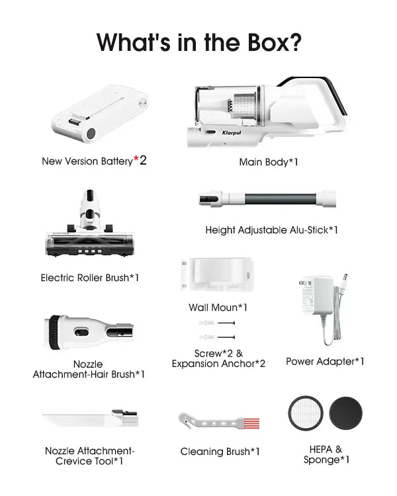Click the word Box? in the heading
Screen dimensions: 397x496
coord(274,42)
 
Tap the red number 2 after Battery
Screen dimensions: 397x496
coord(143,161)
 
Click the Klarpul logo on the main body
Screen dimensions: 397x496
coord(232,133)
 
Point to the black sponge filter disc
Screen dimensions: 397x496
coord(345,413)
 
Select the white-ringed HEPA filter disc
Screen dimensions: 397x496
coord(306,413)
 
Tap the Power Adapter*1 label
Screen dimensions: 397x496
coord(325,361)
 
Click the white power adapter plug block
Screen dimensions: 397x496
coord(316,296)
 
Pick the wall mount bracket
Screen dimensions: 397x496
coord(218,274)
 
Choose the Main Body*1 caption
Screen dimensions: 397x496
coord(269,162)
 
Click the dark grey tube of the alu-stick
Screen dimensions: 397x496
coord(280,198)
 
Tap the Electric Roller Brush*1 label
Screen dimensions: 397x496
coord(90,278)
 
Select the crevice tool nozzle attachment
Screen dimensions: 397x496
coord(90,418)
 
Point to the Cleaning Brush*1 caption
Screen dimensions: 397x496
coord(220,452)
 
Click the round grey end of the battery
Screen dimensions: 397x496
coord(91,134)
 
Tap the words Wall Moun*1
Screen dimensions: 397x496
coord(218,307)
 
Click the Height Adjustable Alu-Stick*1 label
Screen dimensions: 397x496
coord(272,230)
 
